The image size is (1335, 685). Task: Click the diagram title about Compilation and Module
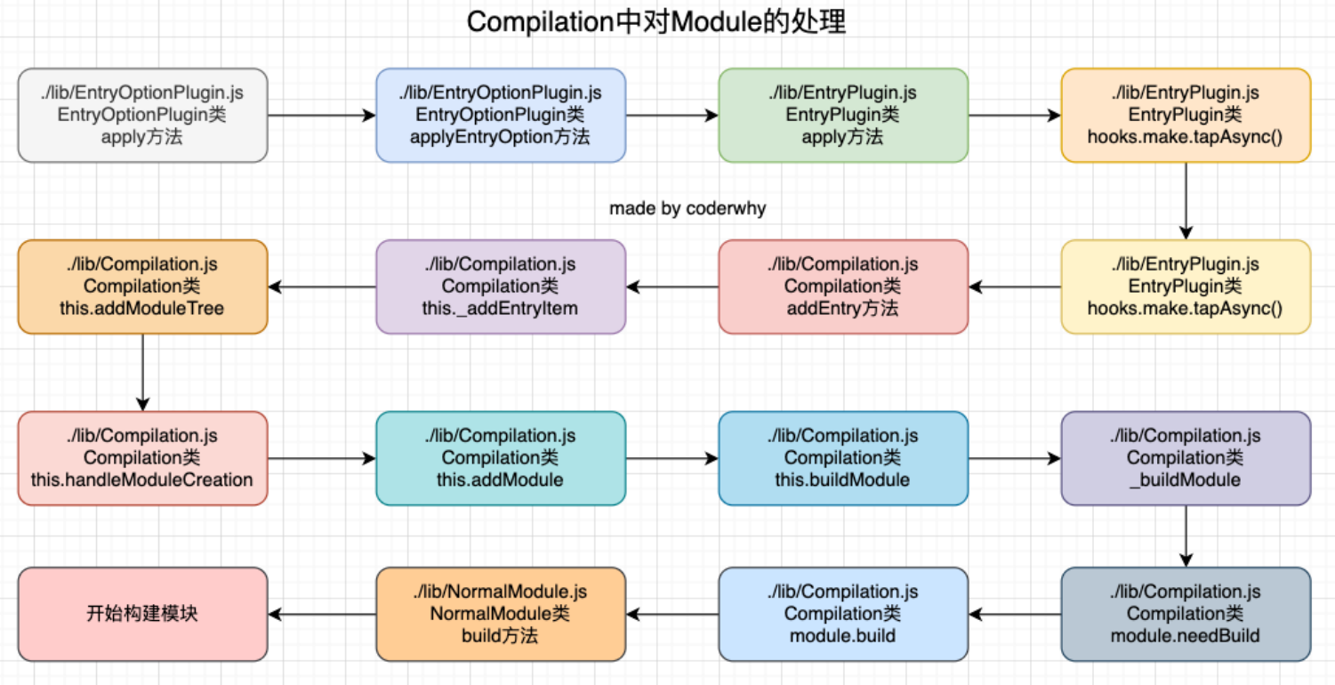(x=656, y=22)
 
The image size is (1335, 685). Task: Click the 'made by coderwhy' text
(x=687, y=208)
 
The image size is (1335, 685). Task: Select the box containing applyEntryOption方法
(x=500, y=116)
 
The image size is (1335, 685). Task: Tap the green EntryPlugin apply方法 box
(x=842, y=116)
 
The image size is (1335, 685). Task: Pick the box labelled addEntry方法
(x=842, y=286)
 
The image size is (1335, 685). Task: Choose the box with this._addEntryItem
(x=500, y=286)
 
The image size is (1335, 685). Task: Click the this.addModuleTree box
(x=142, y=286)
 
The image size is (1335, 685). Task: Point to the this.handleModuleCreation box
(x=142, y=458)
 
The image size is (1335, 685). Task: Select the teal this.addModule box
(x=500, y=458)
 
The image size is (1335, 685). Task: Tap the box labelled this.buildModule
(x=842, y=458)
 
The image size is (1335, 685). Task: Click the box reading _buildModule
(x=1185, y=458)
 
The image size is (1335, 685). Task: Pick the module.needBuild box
(x=1185, y=614)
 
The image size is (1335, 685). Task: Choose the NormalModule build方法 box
(x=500, y=614)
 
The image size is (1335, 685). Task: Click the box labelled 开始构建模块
(x=142, y=614)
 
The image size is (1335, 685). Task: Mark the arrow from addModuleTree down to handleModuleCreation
(x=142, y=372)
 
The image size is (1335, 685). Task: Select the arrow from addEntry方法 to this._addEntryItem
(x=672, y=286)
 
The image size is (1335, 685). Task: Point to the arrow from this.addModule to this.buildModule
(x=672, y=458)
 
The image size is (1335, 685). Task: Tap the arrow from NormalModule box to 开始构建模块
(x=322, y=614)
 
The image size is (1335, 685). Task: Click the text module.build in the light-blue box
(x=842, y=636)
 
